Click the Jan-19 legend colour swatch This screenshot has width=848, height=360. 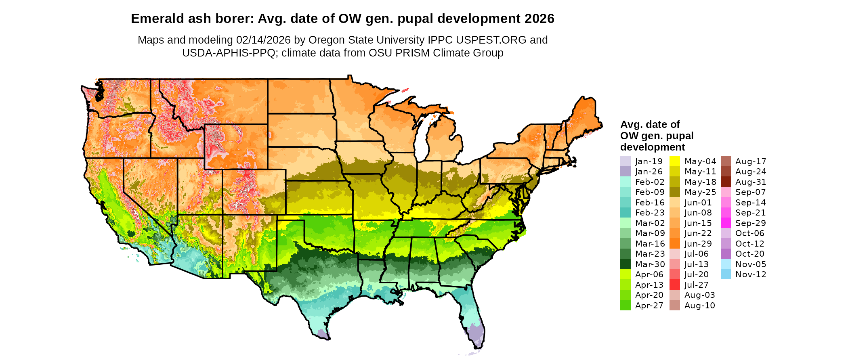[625, 161]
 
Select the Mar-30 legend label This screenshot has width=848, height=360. [650, 264]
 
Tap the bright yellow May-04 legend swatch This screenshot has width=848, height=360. [675, 161]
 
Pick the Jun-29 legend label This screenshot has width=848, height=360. [699, 244]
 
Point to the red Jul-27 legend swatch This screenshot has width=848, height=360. [675, 285]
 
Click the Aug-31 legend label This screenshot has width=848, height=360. [751, 182]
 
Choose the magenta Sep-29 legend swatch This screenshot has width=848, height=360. [726, 223]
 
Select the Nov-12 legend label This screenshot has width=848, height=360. [751, 274]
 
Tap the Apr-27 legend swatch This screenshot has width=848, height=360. [625, 306]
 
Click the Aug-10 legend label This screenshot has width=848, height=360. [699, 306]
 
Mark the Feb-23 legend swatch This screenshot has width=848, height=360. [625, 213]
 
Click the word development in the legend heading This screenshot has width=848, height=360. [653, 147]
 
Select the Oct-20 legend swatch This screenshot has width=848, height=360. [726, 254]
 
